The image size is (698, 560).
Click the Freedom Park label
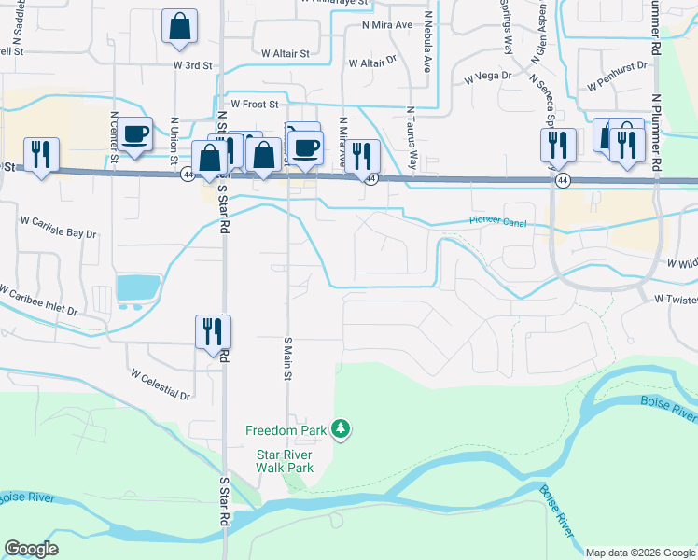point(286,430)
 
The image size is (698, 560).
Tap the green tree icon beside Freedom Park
point(342,429)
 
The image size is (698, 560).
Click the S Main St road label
point(288,358)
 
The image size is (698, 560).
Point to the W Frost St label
point(255,105)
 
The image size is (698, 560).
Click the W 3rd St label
point(194,65)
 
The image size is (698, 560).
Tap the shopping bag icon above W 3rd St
point(179,28)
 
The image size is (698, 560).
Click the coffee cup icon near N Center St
point(135,134)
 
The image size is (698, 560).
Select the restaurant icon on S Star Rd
point(213,331)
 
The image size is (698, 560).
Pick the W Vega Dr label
point(489,76)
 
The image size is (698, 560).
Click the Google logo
point(32,549)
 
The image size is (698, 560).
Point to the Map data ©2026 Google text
point(639,553)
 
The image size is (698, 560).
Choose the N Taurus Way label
point(411,140)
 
